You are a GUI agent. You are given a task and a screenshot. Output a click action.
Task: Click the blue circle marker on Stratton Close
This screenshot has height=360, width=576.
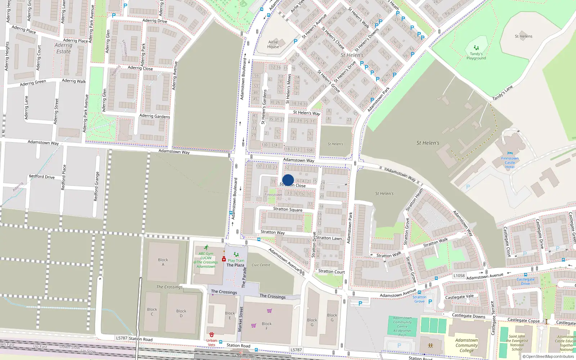click(x=288, y=180)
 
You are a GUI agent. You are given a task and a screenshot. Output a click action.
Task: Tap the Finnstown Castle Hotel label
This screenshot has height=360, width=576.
click(x=510, y=163)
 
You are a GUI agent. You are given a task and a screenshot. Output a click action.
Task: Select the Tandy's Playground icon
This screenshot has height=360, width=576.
click(x=476, y=48)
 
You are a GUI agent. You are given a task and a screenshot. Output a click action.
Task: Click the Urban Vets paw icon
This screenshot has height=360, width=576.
click(x=212, y=335)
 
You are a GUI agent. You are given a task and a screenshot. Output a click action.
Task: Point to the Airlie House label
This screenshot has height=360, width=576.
click(x=273, y=44)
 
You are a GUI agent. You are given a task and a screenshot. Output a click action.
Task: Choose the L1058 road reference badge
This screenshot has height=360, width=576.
click(x=459, y=276)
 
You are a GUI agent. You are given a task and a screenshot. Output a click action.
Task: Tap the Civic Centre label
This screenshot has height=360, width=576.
click(x=261, y=265)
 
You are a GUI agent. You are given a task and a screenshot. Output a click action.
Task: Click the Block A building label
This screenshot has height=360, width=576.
click(x=163, y=262)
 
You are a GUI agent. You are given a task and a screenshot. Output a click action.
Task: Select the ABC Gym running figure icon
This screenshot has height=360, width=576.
click(x=206, y=248)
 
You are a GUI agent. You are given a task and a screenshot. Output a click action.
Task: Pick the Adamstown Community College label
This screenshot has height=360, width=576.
click(x=467, y=345)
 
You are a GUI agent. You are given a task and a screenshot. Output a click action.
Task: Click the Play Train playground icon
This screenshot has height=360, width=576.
click(x=236, y=255)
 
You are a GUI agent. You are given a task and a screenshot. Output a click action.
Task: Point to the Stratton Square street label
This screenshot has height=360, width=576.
click(x=288, y=209)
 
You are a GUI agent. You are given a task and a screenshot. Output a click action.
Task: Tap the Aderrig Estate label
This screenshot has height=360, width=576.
click(x=63, y=48)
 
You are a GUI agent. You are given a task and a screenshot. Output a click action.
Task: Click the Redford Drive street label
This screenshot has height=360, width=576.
click(x=42, y=177)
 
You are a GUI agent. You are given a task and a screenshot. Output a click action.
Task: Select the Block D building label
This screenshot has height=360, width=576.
click(x=181, y=313)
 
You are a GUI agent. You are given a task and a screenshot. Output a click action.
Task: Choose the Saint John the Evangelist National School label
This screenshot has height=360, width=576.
click(x=517, y=343)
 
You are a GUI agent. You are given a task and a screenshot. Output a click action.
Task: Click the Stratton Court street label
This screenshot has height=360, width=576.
click(x=331, y=271)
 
